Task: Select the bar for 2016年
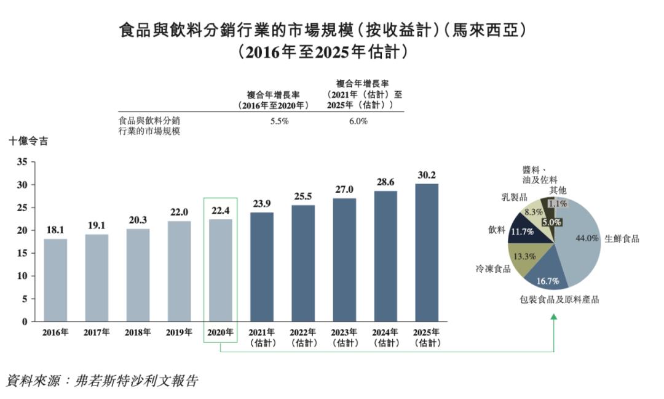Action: point(55,280)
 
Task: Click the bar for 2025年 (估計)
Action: point(427,252)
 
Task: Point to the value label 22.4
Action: point(220,211)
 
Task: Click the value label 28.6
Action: point(385,183)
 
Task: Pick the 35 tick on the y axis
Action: point(22,162)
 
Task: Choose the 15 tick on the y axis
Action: point(22,253)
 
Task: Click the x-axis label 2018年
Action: point(138,332)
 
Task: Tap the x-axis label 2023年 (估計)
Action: point(345,337)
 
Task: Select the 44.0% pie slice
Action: point(580,243)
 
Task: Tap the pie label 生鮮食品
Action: point(622,239)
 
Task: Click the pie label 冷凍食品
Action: point(492,269)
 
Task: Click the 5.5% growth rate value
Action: point(279,121)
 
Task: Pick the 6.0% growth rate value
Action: point(358,121)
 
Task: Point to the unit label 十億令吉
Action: point(28,141)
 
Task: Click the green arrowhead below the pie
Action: point(554,317)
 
